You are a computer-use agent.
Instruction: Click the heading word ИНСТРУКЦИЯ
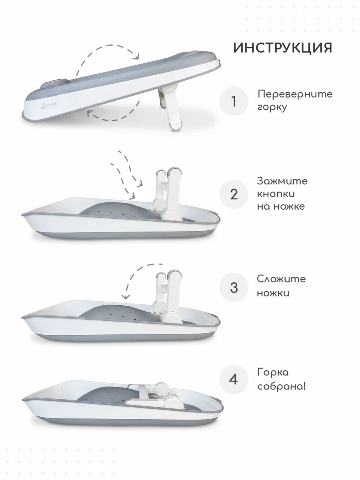coord(283,48)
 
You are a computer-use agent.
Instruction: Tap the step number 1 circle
coord(234,101)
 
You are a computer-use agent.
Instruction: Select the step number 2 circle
coord(234,194)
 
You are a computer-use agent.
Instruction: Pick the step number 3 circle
coord(234,287)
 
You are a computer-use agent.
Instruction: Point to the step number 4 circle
coord(234,380)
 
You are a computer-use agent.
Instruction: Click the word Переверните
coord(295,94)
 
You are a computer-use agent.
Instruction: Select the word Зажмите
coord(282,181)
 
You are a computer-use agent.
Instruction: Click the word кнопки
coord(276,194)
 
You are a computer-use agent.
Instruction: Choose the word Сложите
coord(281,279)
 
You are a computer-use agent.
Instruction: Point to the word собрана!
coord(281,387)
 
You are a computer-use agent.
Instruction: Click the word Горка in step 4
coord(273,372)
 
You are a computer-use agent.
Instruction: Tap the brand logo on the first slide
coord(50,102)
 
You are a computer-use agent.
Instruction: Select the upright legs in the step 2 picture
coord(168,194)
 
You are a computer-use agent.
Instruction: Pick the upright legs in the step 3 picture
coord(168,298)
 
